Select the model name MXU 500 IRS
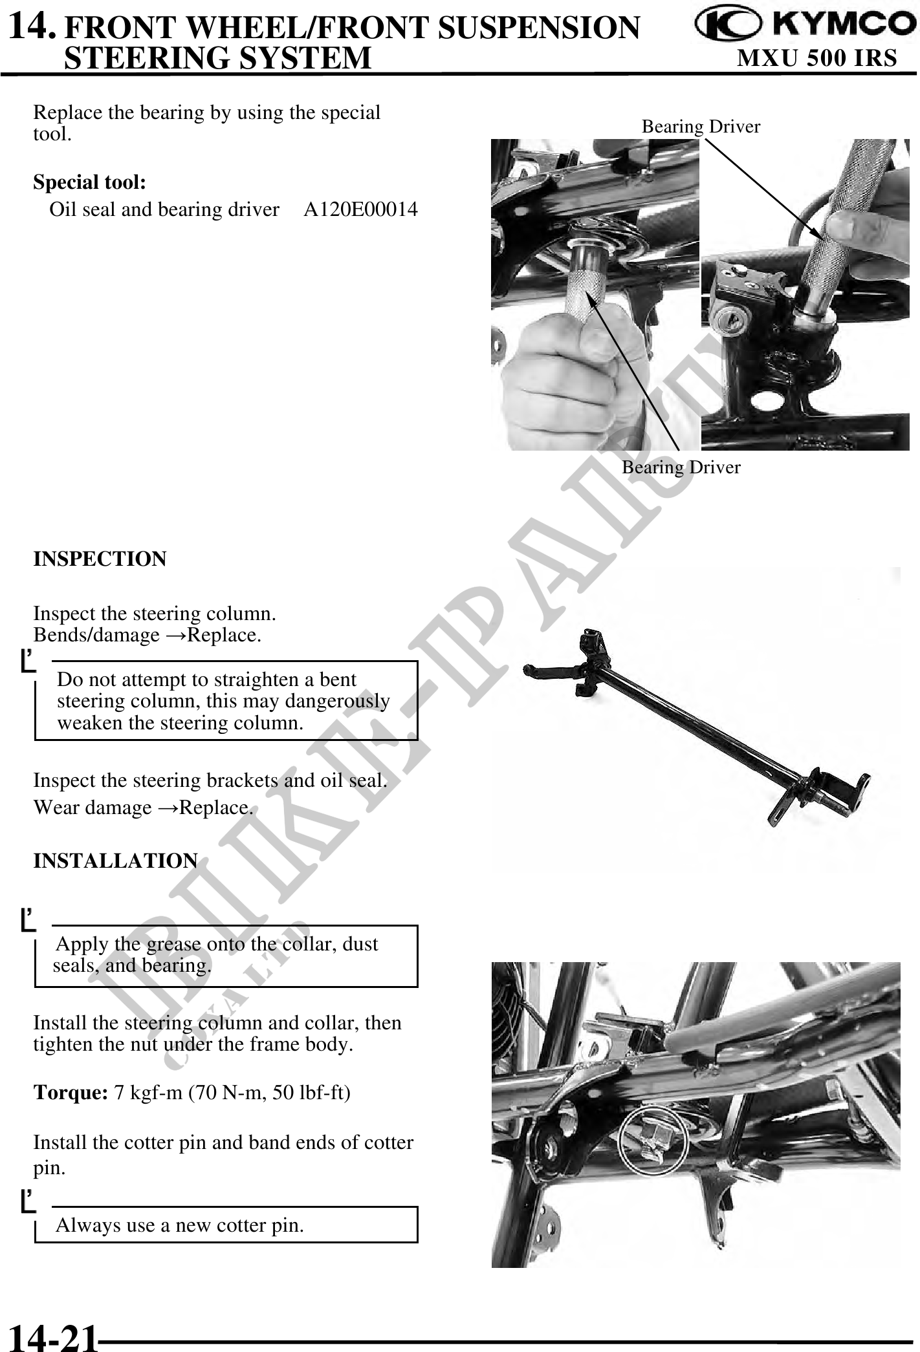[x=817, y=58]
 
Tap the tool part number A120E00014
[x=360, y=209]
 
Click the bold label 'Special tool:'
[x=89, y=182]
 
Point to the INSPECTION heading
[x=100, y=559]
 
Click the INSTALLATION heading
[x=115, y=861]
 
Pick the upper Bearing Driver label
[x=701, y=127]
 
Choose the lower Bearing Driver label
[x=681, y=467]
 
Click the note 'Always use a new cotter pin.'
[x=180, y=1225]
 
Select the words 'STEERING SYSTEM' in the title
[x=218, y=58]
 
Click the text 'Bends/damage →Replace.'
[x=148, y=635]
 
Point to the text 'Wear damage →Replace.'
[x=143, y=808]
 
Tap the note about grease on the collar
[x=217, y=955]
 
